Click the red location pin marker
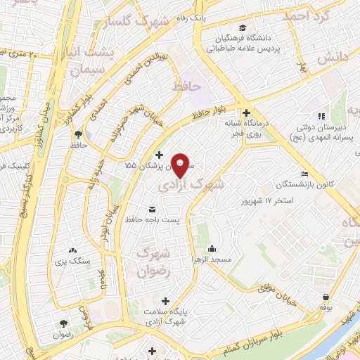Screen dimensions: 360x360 (x=181, y=165)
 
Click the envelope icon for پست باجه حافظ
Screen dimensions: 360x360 (x=152, y=210)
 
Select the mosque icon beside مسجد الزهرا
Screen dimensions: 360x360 (x=212, y=248)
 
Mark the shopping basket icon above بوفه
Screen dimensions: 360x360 (x=326, y=297)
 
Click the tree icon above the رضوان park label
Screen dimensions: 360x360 (x=64, y=323)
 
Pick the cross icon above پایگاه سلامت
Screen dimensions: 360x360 (x=165, y=300)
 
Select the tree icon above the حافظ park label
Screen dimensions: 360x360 (x=77, y=133)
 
